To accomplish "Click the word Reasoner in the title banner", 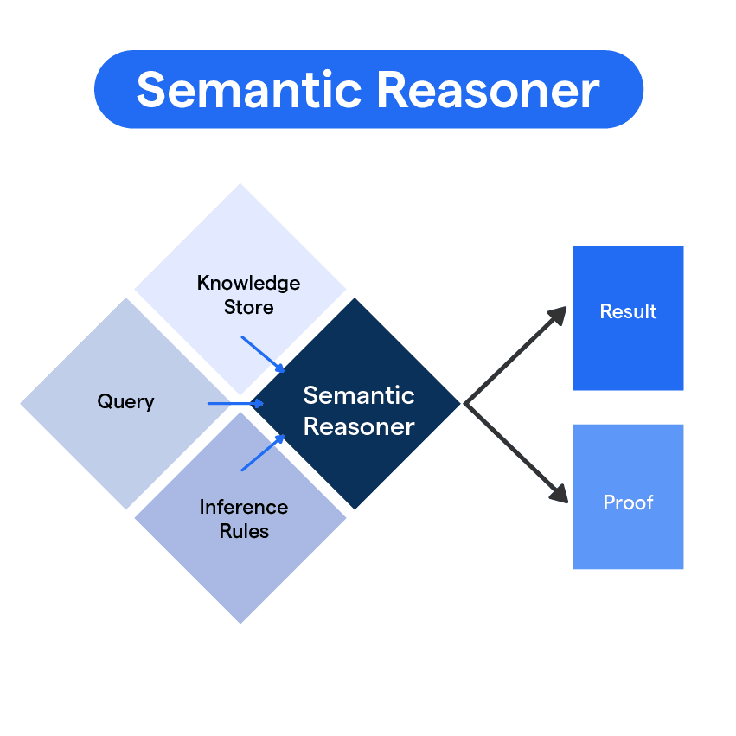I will click(481, 90).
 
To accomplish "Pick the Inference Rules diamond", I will click(240, 554).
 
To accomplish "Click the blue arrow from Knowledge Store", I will click(262, 354).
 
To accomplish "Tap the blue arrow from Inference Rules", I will click(262, 453).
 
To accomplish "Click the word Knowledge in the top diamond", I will click(248, 284).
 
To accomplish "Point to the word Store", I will click(248, 308).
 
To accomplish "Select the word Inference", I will click(243, 507).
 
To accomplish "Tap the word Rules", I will click(244, 531).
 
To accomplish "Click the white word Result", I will click(628, 311).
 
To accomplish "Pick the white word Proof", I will click(628, 502).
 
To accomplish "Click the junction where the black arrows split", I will click(467, 403).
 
